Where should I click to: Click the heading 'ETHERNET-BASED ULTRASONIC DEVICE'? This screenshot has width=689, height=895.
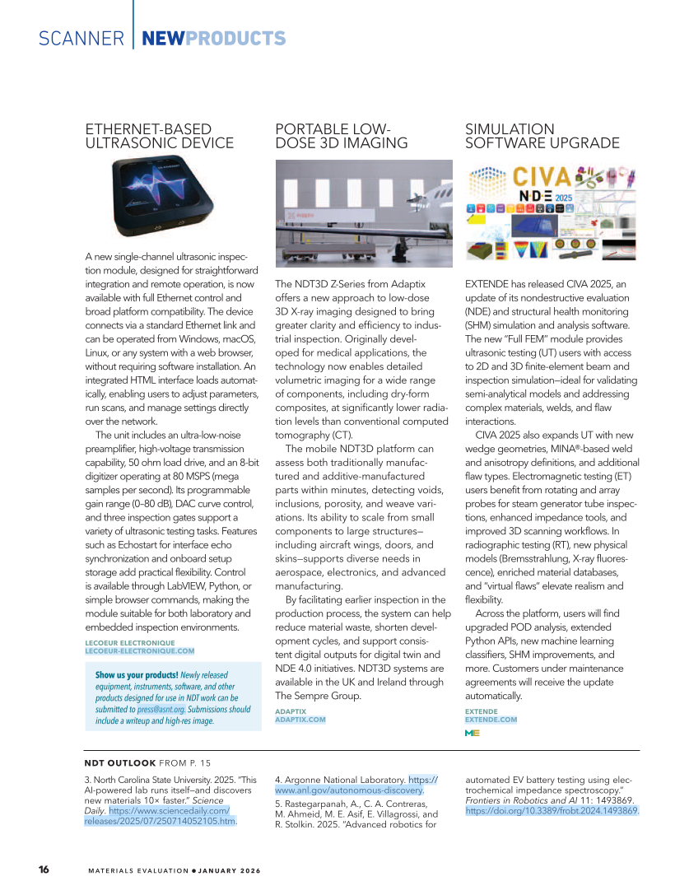[x=159, y=136]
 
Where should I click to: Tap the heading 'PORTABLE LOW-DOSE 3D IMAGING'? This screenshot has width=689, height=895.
[x=342, y=136]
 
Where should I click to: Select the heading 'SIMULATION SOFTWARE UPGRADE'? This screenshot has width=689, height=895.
[x=542, y=136]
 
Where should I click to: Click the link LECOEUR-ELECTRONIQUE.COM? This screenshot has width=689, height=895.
[x=139, y=650]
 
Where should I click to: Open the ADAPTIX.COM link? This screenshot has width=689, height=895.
[x=300, y=719]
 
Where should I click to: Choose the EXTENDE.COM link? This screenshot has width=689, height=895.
[x=491, y=719]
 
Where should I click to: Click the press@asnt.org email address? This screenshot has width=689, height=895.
[x=161, y=709]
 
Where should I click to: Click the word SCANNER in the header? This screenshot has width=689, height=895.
[x=81, y=39]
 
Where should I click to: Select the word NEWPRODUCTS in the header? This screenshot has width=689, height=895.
[x=213, y=39]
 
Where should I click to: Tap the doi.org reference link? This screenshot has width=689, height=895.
[x=552, y=810]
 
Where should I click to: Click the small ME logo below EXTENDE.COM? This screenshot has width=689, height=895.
[x=473, y=732]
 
